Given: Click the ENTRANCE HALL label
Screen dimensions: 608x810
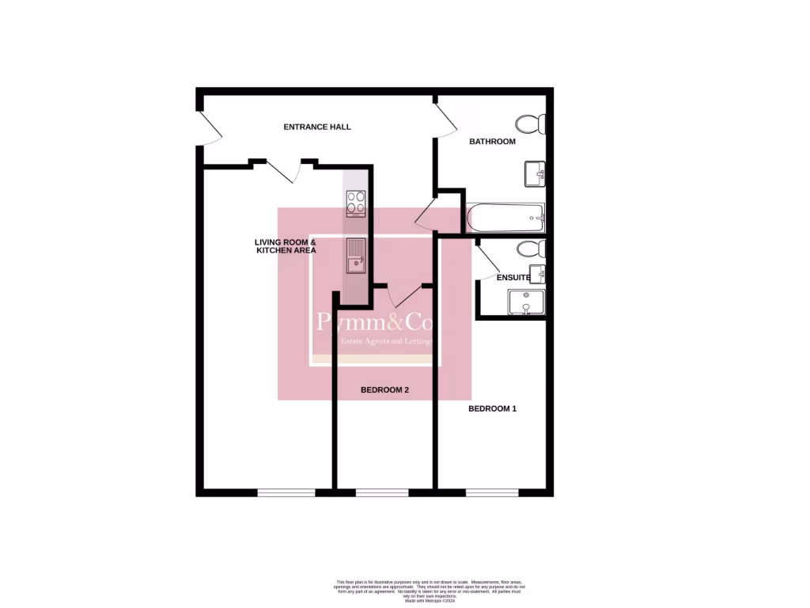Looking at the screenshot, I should click(x=317, y=127).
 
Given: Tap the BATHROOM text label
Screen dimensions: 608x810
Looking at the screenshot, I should click(x=492, y=142).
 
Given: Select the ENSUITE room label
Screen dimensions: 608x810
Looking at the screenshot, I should click(x=513, y=278).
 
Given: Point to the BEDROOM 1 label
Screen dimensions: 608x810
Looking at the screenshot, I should click(x=492, y=408).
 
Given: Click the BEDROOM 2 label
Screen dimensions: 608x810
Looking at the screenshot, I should click(x=384, y=390).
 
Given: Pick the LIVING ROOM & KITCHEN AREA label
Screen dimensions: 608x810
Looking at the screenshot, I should click(x=285, y=246).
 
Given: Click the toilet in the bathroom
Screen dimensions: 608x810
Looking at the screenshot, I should click(x=529, y=124).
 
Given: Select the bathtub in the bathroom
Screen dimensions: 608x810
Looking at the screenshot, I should click(x=505, y=218).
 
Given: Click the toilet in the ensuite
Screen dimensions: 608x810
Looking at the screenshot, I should click(x=530, y=249).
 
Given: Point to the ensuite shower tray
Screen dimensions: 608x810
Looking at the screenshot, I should click(x=526, y=302).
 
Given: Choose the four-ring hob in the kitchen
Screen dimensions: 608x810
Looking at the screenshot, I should click(x=356, y=204).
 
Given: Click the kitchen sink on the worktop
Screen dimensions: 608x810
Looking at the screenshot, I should click(x=355, y=255).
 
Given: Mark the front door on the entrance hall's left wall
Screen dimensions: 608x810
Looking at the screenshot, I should click(x=208, y=128).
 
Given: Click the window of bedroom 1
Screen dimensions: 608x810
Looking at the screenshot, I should click(x=492, y=492).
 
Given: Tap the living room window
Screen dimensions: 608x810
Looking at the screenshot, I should click(x=286, y=492).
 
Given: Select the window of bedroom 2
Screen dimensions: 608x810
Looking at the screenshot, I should click(x=382, y=492).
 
